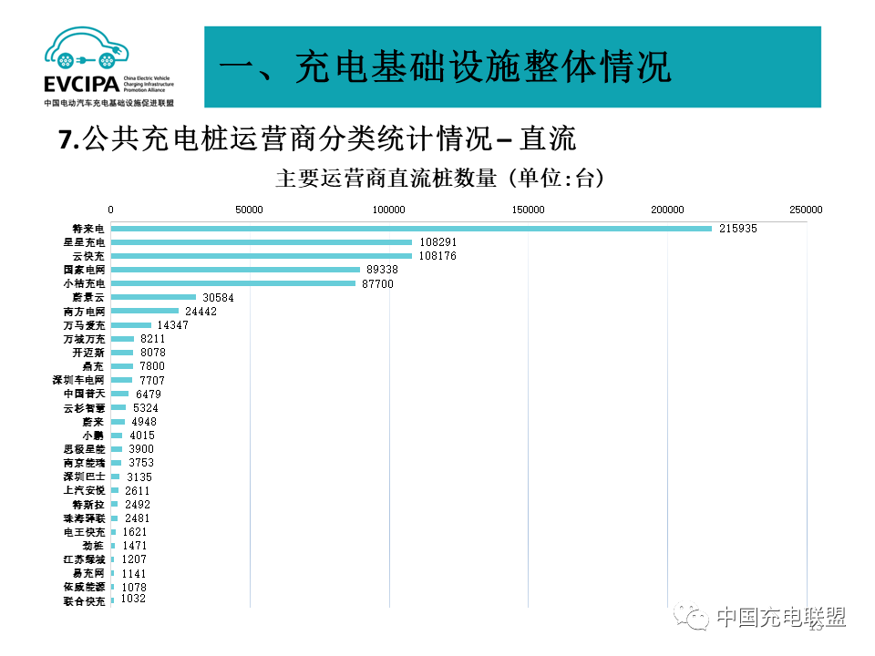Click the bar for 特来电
[x=410, y=229]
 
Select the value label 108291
[x=437, y=242]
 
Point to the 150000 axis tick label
[x=529, y=210]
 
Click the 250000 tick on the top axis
[x=806, y=210]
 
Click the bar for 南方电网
[x=145, y=312]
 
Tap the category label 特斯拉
[x=88, y=504]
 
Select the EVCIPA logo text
[x=80, y=85]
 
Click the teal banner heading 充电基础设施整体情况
[x=446, y=67]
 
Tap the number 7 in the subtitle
[x=65, y=139]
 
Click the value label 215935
[x=737, y=229]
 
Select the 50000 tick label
[x=250, y=210]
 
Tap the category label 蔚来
[x=93, y=422]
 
